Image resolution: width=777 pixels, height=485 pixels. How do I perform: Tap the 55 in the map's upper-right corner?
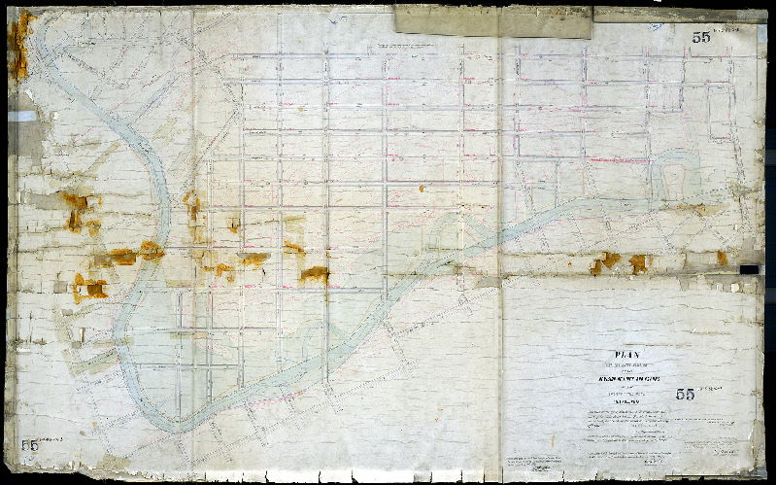click(x=701, y=38)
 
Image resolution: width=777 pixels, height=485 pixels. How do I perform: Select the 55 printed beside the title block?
click(x=685, y=395)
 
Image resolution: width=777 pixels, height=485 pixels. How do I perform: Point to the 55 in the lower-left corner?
click(x=33, y=443)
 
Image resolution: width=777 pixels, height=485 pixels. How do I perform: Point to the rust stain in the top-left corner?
click(x=20, y=44)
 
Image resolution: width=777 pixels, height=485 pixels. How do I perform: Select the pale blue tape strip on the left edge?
click(x=25, y=116)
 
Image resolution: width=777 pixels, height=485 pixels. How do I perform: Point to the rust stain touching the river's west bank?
click(x=150, y=250)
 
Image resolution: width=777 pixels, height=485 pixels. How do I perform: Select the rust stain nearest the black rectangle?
click(x=722, y=259)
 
